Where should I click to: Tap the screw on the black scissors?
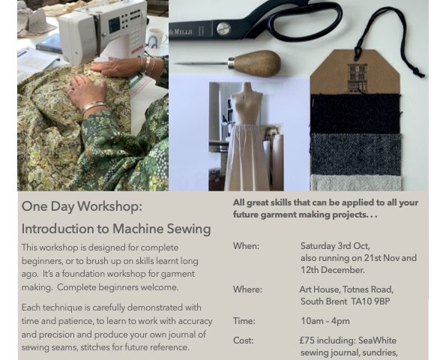pyautogui.click(x=223, y=28)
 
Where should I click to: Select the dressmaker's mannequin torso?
pyautogui.click(x=247, y=103)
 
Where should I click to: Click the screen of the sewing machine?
pyautogui.click(x=115, y=25)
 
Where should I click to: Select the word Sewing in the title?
pyautogui.click(x=189, y=229)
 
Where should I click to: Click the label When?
pyautogui.click(x=247, y=246)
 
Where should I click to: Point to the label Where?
pyautogui.click(x=248, y=289)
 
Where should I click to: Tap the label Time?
pyautogui.click(x=244, y=321)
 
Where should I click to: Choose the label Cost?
pyautogui.click(x=243, y=340)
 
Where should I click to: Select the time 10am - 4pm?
pyautogui.click(x=325, y=321)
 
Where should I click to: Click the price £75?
pyautogui.click(x=307, y=340)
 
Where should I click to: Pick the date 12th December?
pyautogui.click(x=332, y=270)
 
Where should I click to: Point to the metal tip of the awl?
pyautogui.click(x=176, y=64)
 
